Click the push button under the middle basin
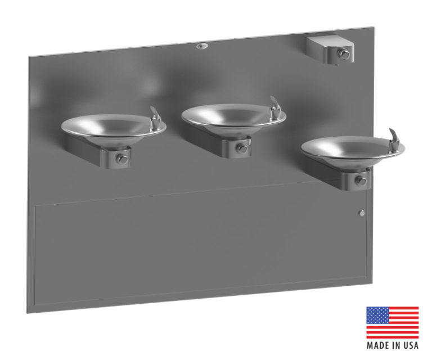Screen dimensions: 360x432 (241, 148)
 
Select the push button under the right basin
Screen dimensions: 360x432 (361, 181)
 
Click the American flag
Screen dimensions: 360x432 (392, 323)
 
